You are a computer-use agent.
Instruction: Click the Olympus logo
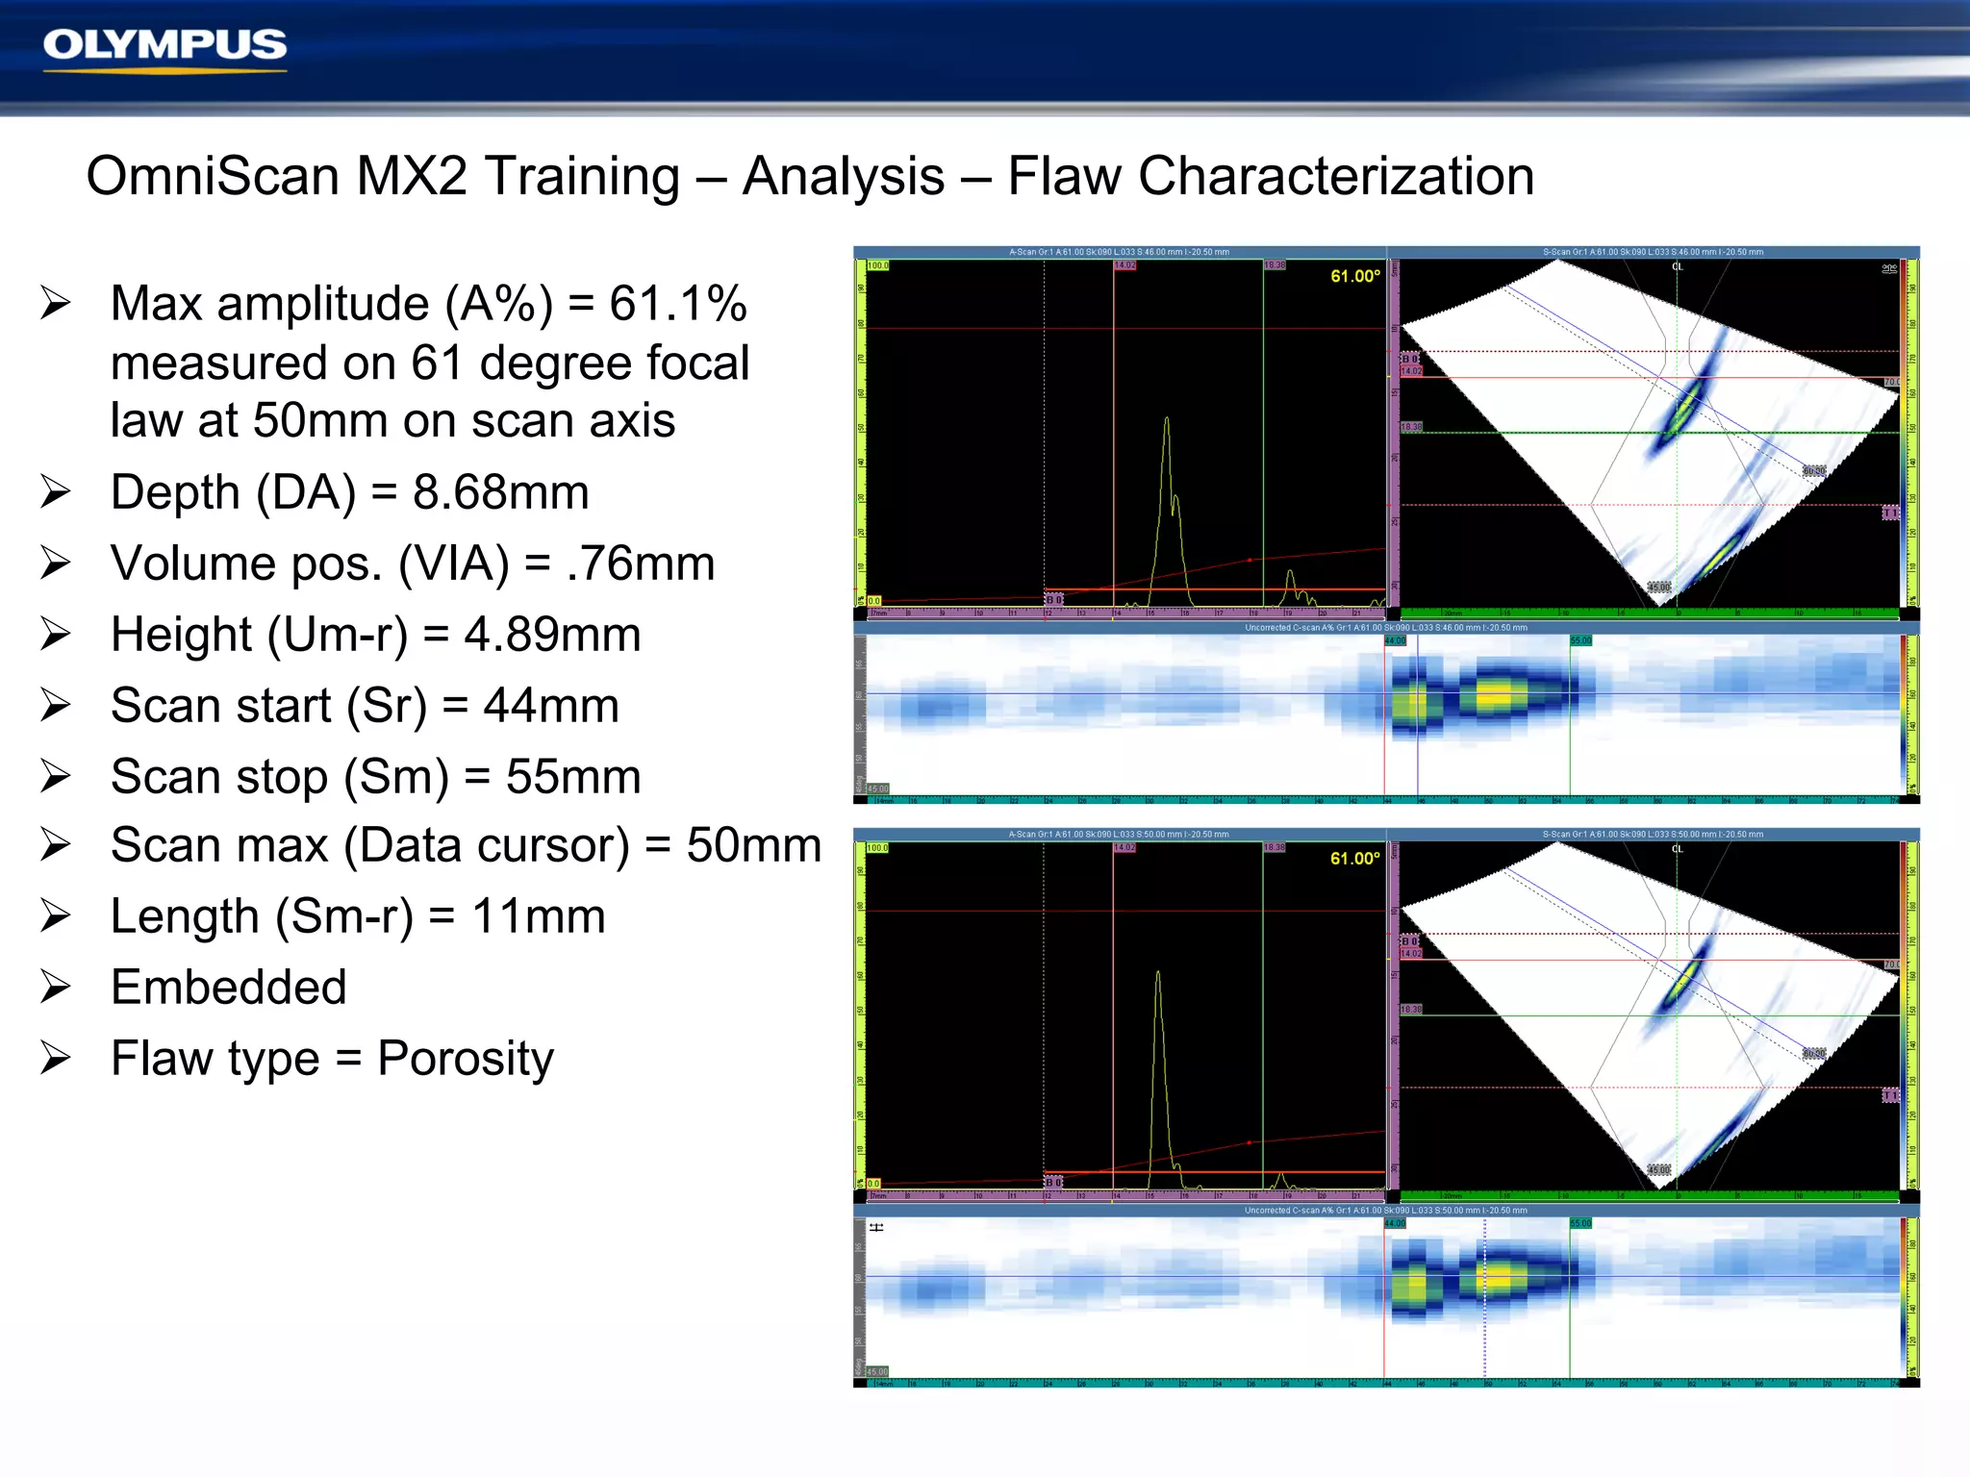tap(164, 46)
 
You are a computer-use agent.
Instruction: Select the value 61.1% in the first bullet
tap(677, 304)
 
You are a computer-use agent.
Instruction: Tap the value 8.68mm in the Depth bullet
tap(500, 492)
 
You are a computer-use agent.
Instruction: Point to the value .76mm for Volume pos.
tap(641, 563)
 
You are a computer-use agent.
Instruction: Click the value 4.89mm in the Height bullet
tap(552, 635)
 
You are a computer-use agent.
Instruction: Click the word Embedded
tap(228, 988)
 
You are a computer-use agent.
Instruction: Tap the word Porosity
tap(466, 1059)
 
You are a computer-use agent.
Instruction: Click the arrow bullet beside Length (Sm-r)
tap(56, 916)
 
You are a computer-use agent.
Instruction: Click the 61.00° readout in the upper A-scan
tap(1354, 277)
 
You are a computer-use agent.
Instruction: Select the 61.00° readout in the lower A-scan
tap(1354, 859)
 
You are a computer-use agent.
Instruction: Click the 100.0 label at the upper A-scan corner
tap(878, 265)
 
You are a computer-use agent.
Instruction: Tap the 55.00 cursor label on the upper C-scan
tap(1580, 640)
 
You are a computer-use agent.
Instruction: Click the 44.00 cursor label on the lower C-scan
tap(1395, 1223)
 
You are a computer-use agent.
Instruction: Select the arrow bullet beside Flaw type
tap(56, 1059)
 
